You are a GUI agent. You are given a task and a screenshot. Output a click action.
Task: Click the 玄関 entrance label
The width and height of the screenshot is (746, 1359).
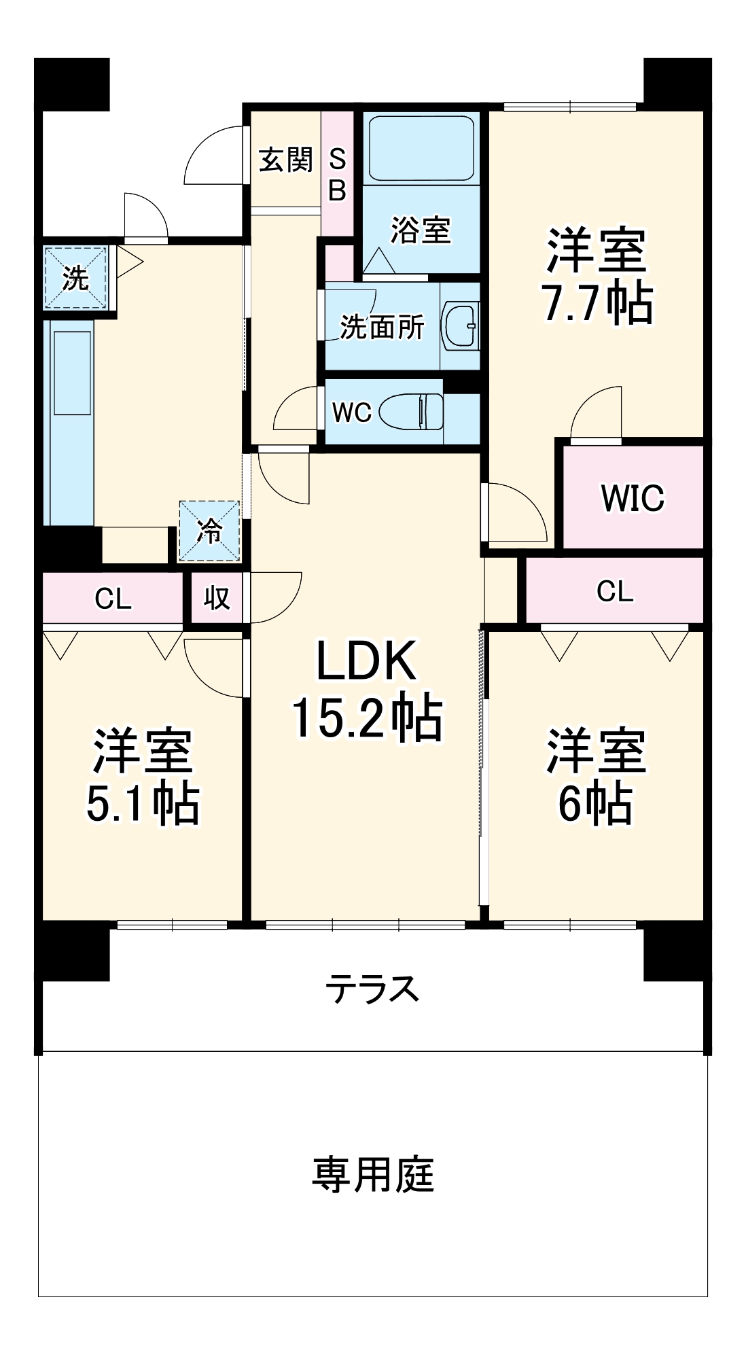(285, 160)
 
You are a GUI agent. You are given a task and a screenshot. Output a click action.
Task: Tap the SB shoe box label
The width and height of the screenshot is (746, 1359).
(338, 175)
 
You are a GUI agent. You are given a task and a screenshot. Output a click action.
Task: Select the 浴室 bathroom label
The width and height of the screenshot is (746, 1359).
(421, 230)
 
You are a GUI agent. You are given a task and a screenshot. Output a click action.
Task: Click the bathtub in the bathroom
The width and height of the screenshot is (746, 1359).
(420, 147)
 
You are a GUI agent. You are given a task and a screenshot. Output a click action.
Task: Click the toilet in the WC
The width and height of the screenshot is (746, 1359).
(410, 411)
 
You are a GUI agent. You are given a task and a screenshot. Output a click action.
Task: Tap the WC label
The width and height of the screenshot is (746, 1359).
(351, 412)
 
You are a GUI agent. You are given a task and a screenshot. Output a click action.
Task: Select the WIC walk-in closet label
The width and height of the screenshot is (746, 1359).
(633, 498)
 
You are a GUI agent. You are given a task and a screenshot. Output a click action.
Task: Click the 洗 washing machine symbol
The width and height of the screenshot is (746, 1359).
(75, 278)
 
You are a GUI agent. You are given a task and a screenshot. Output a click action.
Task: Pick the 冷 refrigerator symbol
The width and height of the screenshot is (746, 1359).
(209, 531)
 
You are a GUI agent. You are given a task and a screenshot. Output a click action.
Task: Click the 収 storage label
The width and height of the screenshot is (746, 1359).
(217, 599)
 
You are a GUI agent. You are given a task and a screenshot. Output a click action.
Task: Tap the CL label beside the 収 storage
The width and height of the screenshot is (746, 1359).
(113, 599)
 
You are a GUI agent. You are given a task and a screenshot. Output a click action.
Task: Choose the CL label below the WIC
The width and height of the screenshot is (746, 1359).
(615, 591)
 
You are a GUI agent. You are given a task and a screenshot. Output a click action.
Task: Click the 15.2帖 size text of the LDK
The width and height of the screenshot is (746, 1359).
(367, 717)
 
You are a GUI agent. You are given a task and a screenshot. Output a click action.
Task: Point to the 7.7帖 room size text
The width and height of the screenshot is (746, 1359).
(597, 302)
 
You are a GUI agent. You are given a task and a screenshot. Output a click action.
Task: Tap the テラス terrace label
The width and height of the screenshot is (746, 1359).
(372, 989)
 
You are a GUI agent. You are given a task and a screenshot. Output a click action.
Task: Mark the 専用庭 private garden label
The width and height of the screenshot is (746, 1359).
(373, 1175)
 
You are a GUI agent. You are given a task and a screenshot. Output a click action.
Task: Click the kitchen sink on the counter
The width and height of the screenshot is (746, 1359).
(72, 373)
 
